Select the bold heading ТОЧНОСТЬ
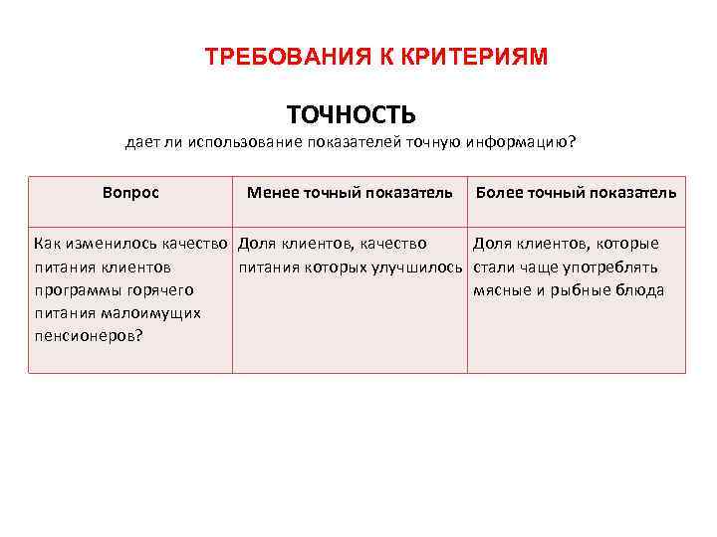coord(351,115)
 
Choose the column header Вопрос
coord(130,192)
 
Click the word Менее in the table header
coord(271,192)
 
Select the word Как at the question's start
coord(47,244)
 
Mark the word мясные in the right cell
coord(500,289)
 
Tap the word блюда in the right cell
coord(641,289)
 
